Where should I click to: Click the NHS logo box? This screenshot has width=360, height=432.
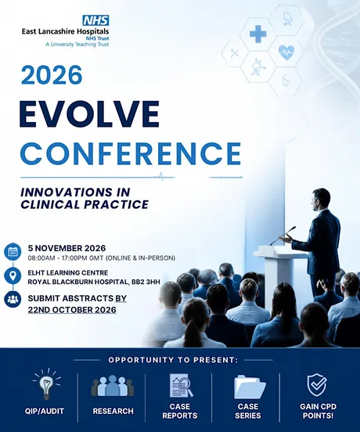(95, 20)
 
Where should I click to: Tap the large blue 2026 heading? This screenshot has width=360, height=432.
(52, 75)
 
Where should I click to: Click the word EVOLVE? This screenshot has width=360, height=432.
(89, 114)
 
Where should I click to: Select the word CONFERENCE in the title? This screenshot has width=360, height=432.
(131, 153)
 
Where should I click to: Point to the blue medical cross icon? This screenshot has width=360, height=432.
(257, 34)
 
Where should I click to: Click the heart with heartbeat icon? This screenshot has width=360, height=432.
(286, 52)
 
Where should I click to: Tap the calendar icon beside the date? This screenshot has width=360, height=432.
(13, 251)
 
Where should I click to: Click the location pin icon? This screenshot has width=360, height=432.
(13, 275)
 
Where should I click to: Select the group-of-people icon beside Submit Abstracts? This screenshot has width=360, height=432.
(13, 299)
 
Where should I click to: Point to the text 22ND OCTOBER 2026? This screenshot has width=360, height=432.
(72, 310)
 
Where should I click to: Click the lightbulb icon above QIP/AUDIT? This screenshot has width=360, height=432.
(46, 383)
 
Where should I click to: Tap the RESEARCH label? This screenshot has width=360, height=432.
(113, 411)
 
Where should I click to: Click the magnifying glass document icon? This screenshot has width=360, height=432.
(181, 386)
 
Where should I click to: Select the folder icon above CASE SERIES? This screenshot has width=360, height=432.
(250, 387)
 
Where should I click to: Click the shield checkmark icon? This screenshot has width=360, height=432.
(317, 385)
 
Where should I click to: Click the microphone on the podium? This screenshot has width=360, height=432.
(283, 236)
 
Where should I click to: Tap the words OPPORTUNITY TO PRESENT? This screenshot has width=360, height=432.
(173, 360)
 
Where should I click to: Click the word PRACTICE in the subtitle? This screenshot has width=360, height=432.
(117, 204)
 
